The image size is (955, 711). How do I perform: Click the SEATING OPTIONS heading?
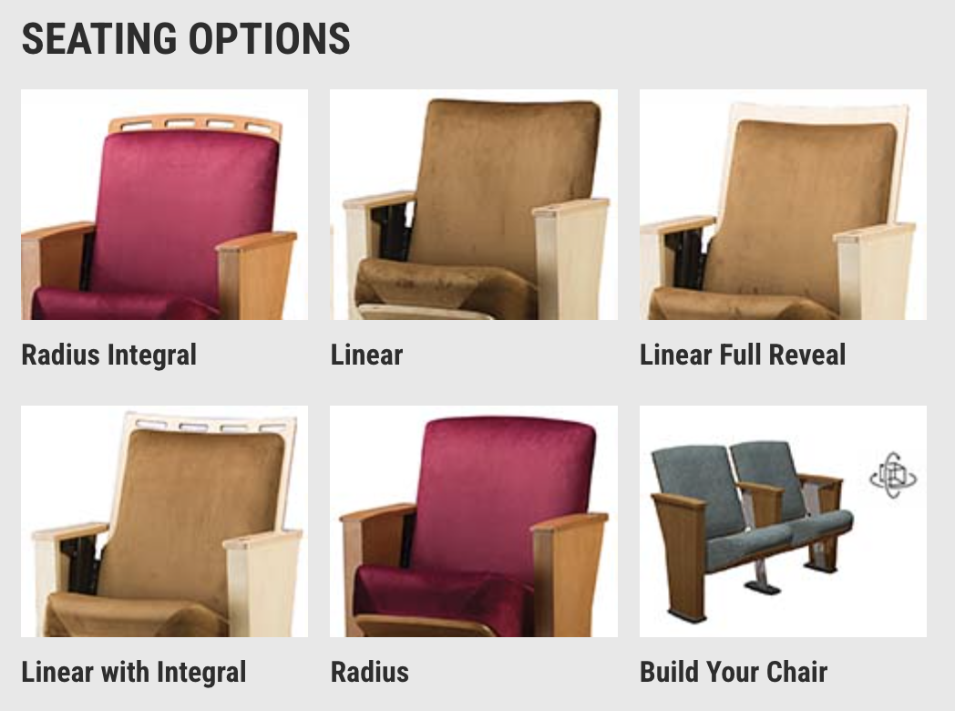click(x=186, y=38)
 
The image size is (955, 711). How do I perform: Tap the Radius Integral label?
click(x=109, y=355)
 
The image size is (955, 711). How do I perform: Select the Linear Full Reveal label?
click(x=743, y=355)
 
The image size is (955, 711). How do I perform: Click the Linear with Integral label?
click(x=134, y=672)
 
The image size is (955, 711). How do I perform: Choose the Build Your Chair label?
click(x=734, y=672)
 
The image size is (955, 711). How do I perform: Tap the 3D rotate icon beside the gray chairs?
click(x=893, y=475)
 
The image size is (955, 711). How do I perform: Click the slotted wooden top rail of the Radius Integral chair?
click(x=195, y=124)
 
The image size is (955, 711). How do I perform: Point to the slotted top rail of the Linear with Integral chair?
click(x=211, y=423)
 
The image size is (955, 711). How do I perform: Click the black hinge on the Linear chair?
click(x=391, y=232)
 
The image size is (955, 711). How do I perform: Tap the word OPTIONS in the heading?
click(x=269, y=38)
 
